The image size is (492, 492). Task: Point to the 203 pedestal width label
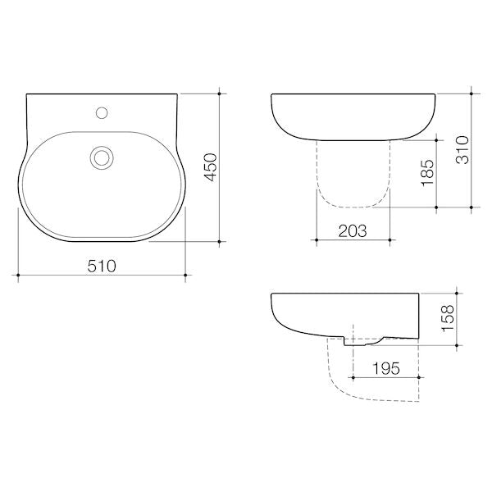tap(352, 230)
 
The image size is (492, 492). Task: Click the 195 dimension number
tap(385, 368)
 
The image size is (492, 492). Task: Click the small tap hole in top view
tap(102, 109)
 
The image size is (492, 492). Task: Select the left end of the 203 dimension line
tap(317, 240)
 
